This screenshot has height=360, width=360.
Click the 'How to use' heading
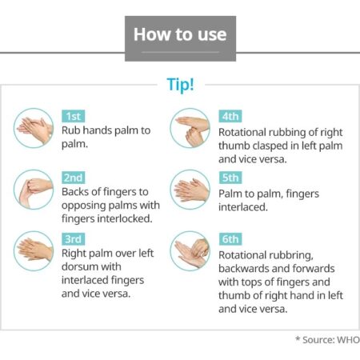tap(180, 34)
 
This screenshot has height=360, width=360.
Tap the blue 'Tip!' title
tap(180, 85)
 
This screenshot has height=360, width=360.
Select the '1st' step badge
tap(74, 116)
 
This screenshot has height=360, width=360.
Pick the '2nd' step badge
tap(74, 178)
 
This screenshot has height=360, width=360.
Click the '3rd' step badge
tap(74, 239)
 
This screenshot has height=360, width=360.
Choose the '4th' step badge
tap(230, 116)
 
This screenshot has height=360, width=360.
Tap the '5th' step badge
tap(230, 178)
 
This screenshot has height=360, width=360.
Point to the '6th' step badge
tap(230, 239)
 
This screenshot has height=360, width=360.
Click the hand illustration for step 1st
tap(34, 128)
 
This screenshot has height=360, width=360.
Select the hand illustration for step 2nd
tap(34, 190)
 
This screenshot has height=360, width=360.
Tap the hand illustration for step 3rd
tap(34, 251)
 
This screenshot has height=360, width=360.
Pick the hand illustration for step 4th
tap(190, 128)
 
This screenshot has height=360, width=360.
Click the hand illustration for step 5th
tap(190, 190)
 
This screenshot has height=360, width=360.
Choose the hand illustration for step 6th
tap(190, 251)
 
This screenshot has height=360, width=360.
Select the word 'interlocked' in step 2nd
tap(125, 218)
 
